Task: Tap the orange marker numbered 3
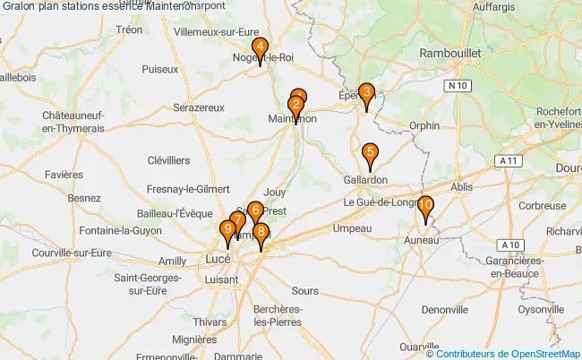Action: click(365, 93)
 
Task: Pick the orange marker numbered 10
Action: click(426, 206)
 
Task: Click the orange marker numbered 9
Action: click(227, 231)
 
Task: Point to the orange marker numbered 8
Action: click(261, 233)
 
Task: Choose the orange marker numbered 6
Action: click(255, 211)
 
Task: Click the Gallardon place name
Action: click(365, 179)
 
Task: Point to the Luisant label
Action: click(222, 279)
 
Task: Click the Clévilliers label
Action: click(168, 160)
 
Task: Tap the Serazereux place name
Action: click(199, 107)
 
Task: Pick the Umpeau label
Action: click(352, 229)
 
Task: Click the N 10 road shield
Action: click(458, 85)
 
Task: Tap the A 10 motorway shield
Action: click(510, 244)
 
